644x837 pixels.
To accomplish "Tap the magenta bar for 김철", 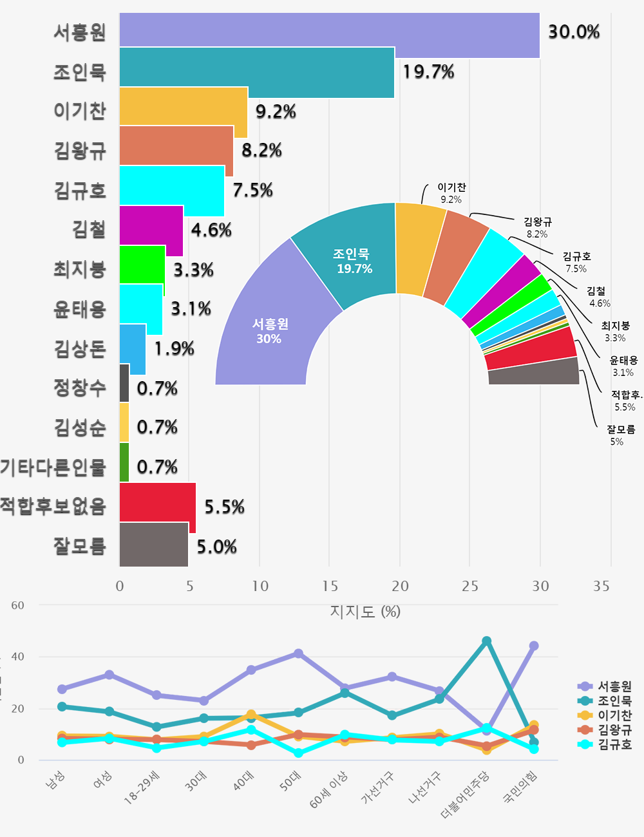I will pos(151,230).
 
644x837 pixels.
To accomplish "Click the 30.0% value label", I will pos(574,32).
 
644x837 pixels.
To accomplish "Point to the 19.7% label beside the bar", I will pos(428,71).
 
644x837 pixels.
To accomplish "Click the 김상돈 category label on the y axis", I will pos(80,349).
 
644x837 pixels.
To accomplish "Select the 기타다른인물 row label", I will pos(53,467).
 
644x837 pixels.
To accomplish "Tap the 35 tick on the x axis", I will pos(601,586).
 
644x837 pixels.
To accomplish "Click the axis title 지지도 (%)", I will pos(365,611).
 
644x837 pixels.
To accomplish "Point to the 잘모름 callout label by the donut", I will pos(620,435).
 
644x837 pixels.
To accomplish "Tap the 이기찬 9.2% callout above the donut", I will pos(451,193).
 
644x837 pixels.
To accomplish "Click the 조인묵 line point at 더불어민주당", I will pos(486,641).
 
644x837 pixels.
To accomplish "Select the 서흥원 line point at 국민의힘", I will pos(533,646).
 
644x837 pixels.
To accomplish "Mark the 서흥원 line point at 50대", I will pos(298,654).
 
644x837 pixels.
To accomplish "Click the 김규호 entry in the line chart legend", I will pos(614,744).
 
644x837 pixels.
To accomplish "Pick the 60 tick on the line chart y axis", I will pos(17,605).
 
